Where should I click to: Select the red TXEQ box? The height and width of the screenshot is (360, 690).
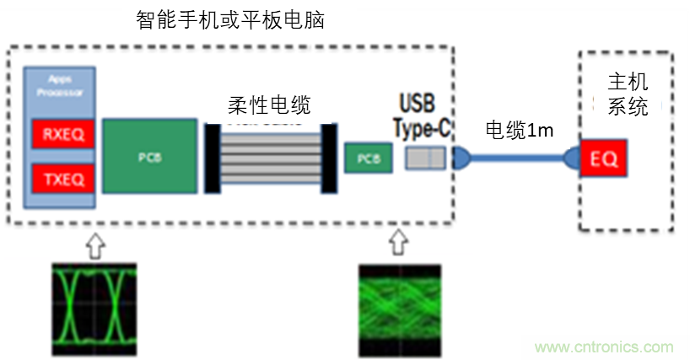click(57, 180)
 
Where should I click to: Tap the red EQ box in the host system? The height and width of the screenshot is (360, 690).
click(604, 158)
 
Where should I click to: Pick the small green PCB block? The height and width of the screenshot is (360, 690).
click(368, 158)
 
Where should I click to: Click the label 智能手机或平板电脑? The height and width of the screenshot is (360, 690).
click(230, 20)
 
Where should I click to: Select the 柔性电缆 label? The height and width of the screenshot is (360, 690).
click(269, 105)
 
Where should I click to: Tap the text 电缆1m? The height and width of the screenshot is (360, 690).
click(519, 130)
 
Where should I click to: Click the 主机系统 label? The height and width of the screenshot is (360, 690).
click(628, 94)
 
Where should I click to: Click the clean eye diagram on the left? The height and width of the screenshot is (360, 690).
click(93, 304)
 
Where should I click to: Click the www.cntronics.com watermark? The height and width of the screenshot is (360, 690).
click(604, 347)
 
